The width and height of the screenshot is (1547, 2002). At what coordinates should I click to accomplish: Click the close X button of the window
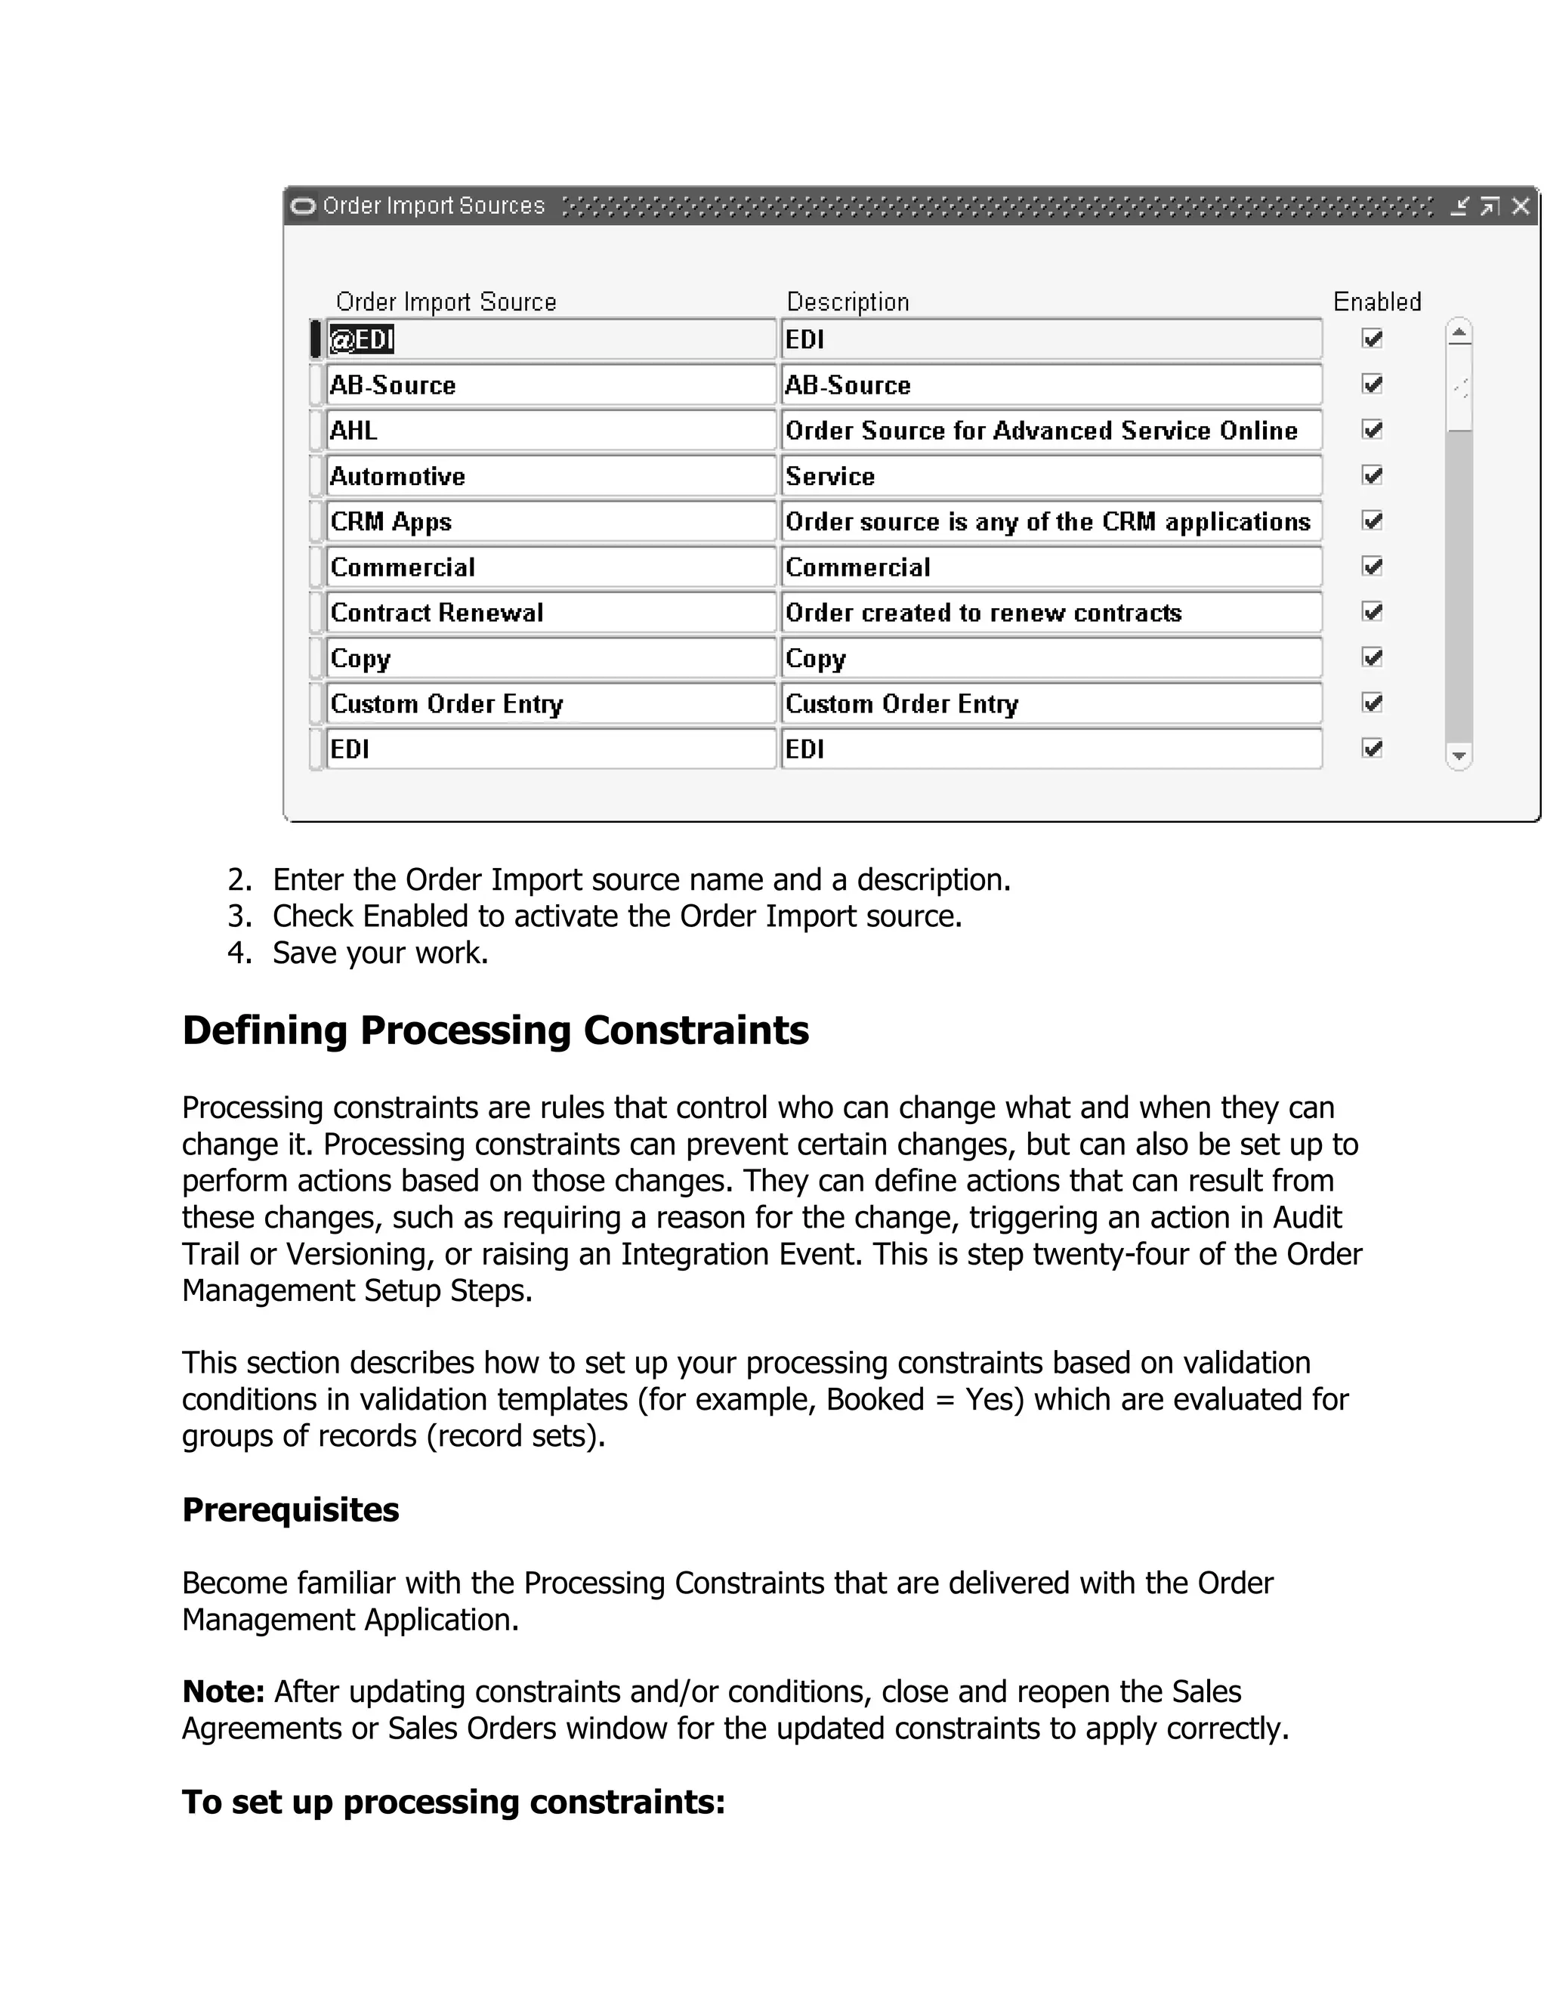(x=1521, y=206)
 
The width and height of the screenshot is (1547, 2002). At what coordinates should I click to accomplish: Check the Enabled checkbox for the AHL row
(x=1372, y=430)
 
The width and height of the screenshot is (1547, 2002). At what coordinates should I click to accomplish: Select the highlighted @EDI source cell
(x=363, y=340)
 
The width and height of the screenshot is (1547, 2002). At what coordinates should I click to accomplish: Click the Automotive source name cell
(x=550, y=477)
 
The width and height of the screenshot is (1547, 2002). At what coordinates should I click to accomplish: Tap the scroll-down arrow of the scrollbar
(x=1459, y=756)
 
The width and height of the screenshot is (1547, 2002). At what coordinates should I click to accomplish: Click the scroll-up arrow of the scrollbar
(x=1459, y=332)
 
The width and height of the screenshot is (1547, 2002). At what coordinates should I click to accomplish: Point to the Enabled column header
(x=1376, y=301)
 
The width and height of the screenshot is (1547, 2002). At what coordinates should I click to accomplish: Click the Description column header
(x=848, y=301)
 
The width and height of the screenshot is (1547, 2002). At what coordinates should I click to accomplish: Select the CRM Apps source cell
(x=550, y=521)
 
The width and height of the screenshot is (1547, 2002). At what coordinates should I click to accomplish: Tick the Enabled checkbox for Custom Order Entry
(x=1372, y=703)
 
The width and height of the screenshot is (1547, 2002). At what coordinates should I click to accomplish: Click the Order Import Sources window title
(x=434, y=206)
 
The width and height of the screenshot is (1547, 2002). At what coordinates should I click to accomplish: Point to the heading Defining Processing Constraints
(x=495, y=1030)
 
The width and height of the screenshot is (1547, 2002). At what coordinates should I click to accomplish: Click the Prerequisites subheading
(x=291, y=1509)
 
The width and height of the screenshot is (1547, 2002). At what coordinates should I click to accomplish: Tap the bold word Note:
(x=224, y=1692)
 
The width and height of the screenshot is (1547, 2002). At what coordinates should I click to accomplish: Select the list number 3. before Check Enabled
(x=239, y=916)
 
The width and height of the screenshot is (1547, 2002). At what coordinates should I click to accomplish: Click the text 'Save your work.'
(x=381, y=953)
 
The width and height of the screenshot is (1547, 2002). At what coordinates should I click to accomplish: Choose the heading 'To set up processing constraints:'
(x=454, y=1801)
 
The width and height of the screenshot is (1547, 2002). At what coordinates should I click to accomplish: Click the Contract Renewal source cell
(x=550, y=613)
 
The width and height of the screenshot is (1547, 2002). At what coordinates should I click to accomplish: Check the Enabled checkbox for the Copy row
(x=1372, y=657)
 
